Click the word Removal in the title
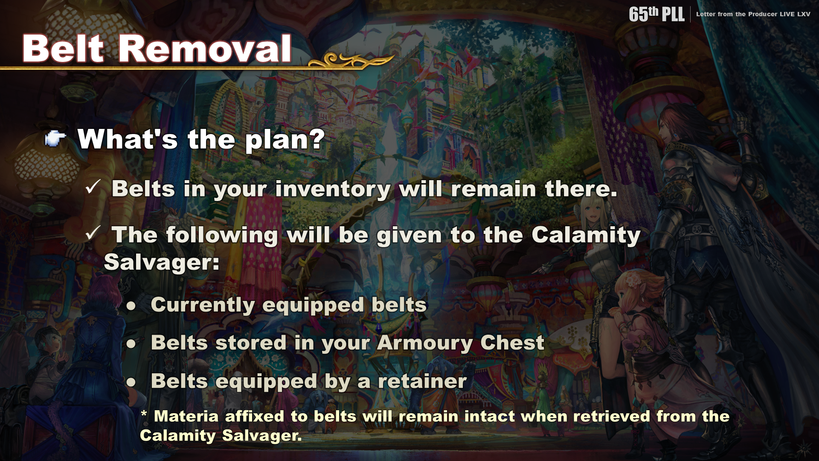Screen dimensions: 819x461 point(205,48)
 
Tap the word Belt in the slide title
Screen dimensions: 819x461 point(63,48)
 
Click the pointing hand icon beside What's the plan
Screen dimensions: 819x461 point(55,138)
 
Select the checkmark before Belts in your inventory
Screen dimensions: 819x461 point(93,187)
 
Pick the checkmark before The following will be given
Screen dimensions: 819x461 point(93,233)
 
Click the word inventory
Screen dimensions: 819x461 point(333,189)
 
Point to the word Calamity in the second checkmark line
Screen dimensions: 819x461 point(586,235)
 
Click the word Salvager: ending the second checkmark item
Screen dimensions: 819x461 point(162,262)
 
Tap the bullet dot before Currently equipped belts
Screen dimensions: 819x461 point(131,306)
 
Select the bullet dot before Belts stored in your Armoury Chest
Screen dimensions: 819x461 point(131,344)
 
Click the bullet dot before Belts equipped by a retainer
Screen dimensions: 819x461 point(131,382)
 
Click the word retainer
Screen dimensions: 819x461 point(422,381)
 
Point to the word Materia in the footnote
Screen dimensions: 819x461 point(186,416)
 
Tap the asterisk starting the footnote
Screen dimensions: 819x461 point(144,414)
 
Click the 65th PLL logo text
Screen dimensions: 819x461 point(656,14)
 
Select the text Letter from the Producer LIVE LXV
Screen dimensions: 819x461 point(753,14)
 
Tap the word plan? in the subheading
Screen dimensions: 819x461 point(285,140)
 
